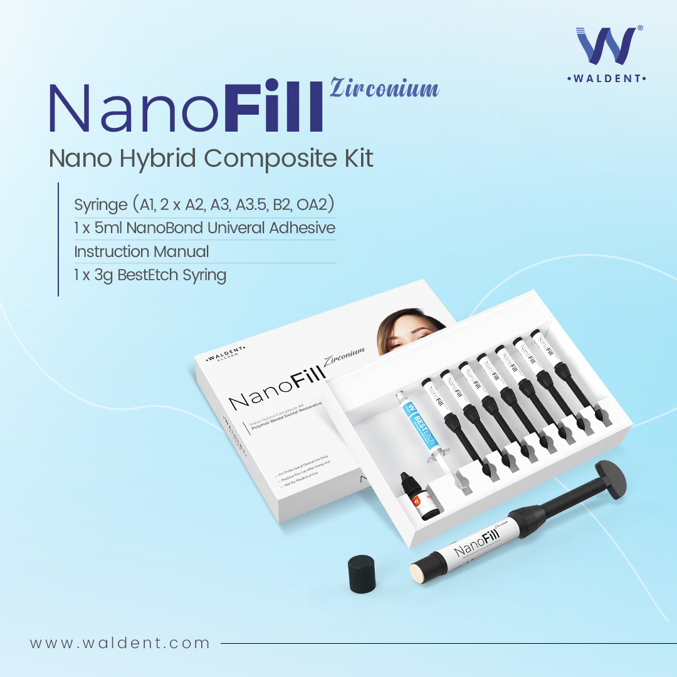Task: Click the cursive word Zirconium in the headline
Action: coord(384,88)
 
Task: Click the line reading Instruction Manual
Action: coord(142,251)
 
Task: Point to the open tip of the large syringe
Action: coord(417,571)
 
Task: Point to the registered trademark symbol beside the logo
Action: coord(639,29)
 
